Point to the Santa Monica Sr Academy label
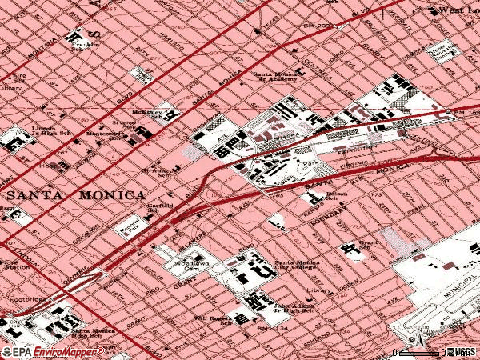pyautogui.click(x=279, y=78)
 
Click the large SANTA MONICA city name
pyautogui.click(x=76, y=195)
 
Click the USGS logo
pyautogui.click(x=462, y=351)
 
